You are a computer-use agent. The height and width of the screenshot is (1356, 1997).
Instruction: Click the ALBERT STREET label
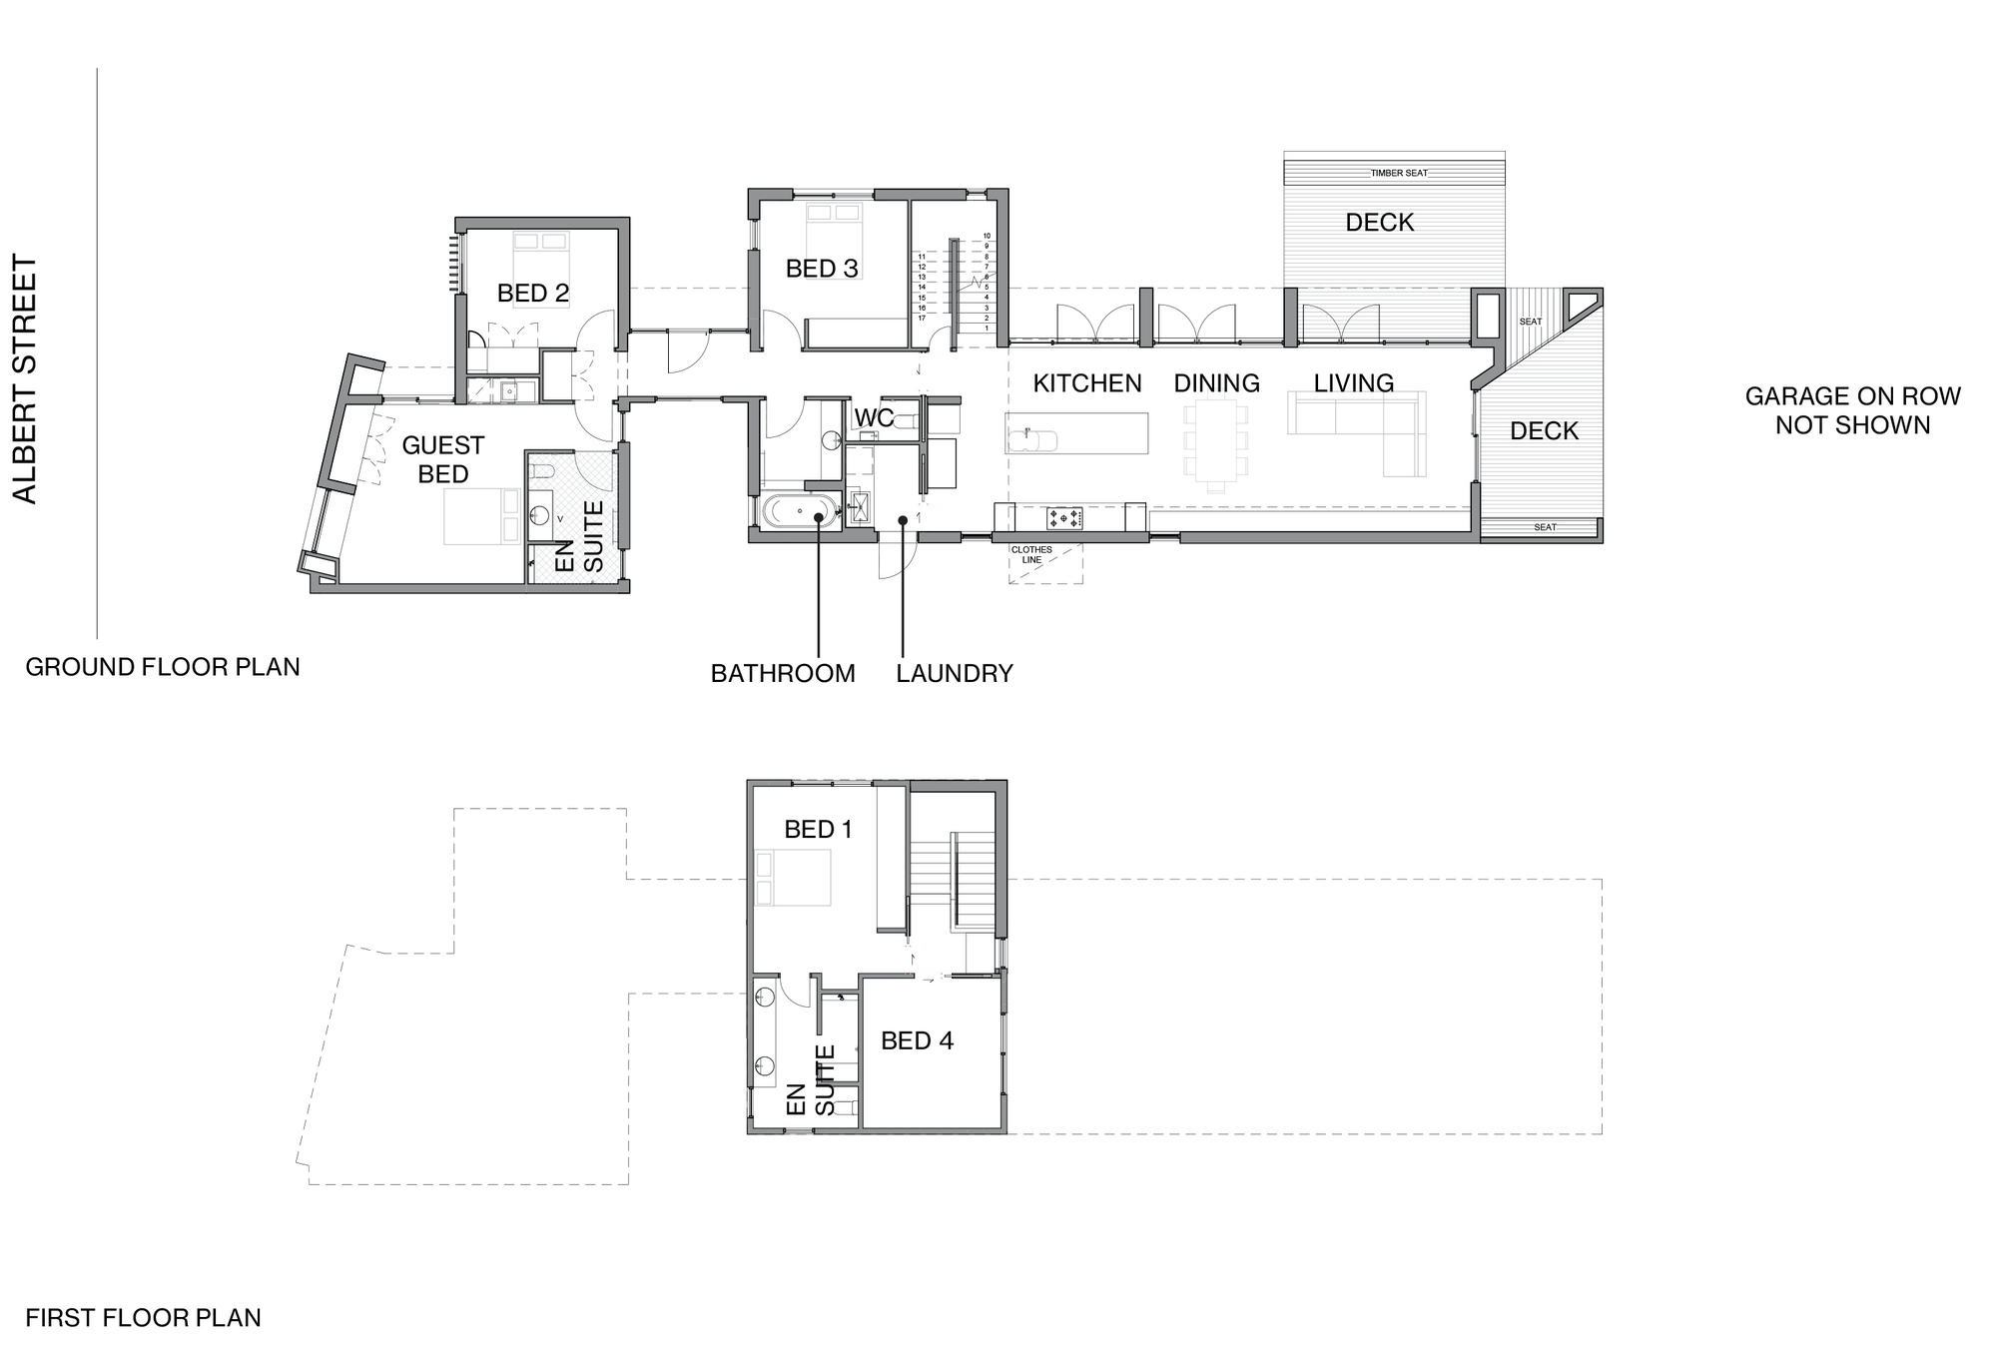pos(24,379)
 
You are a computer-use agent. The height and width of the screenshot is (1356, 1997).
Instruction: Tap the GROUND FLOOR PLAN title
pos(163,667)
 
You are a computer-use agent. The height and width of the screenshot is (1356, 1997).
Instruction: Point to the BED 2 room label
pos(533,293)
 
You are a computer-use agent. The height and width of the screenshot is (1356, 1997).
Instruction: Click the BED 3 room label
pos(822,269)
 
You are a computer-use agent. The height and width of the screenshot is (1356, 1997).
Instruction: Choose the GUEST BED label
pos(443,459)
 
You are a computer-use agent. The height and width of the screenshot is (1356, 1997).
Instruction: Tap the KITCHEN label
pos(1087,383)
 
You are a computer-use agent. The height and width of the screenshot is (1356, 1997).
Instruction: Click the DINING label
pos(1216,383)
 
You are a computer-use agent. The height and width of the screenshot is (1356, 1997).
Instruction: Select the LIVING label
pos(1354,383)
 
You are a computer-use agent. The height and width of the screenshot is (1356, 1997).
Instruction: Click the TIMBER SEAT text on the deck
pos(1399,174)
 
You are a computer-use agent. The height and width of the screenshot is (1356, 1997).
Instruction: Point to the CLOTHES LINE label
pos(1031,555)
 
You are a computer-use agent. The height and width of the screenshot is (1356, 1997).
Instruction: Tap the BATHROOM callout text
pos(783,674)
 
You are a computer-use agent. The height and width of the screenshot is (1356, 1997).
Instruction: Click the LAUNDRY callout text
pos(955,674)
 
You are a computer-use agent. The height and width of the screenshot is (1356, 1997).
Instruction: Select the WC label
pos(874,417)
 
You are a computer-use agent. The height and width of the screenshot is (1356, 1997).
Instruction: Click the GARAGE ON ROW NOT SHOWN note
pos(1853,410)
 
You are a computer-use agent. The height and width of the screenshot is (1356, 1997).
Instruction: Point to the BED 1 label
pos(819,830)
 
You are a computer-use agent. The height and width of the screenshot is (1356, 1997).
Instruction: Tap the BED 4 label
pos(917,1041)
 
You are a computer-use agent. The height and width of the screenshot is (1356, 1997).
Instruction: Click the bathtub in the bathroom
pos(802,512)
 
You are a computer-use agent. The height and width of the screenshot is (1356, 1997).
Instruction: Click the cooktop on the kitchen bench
pos(1064,518)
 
